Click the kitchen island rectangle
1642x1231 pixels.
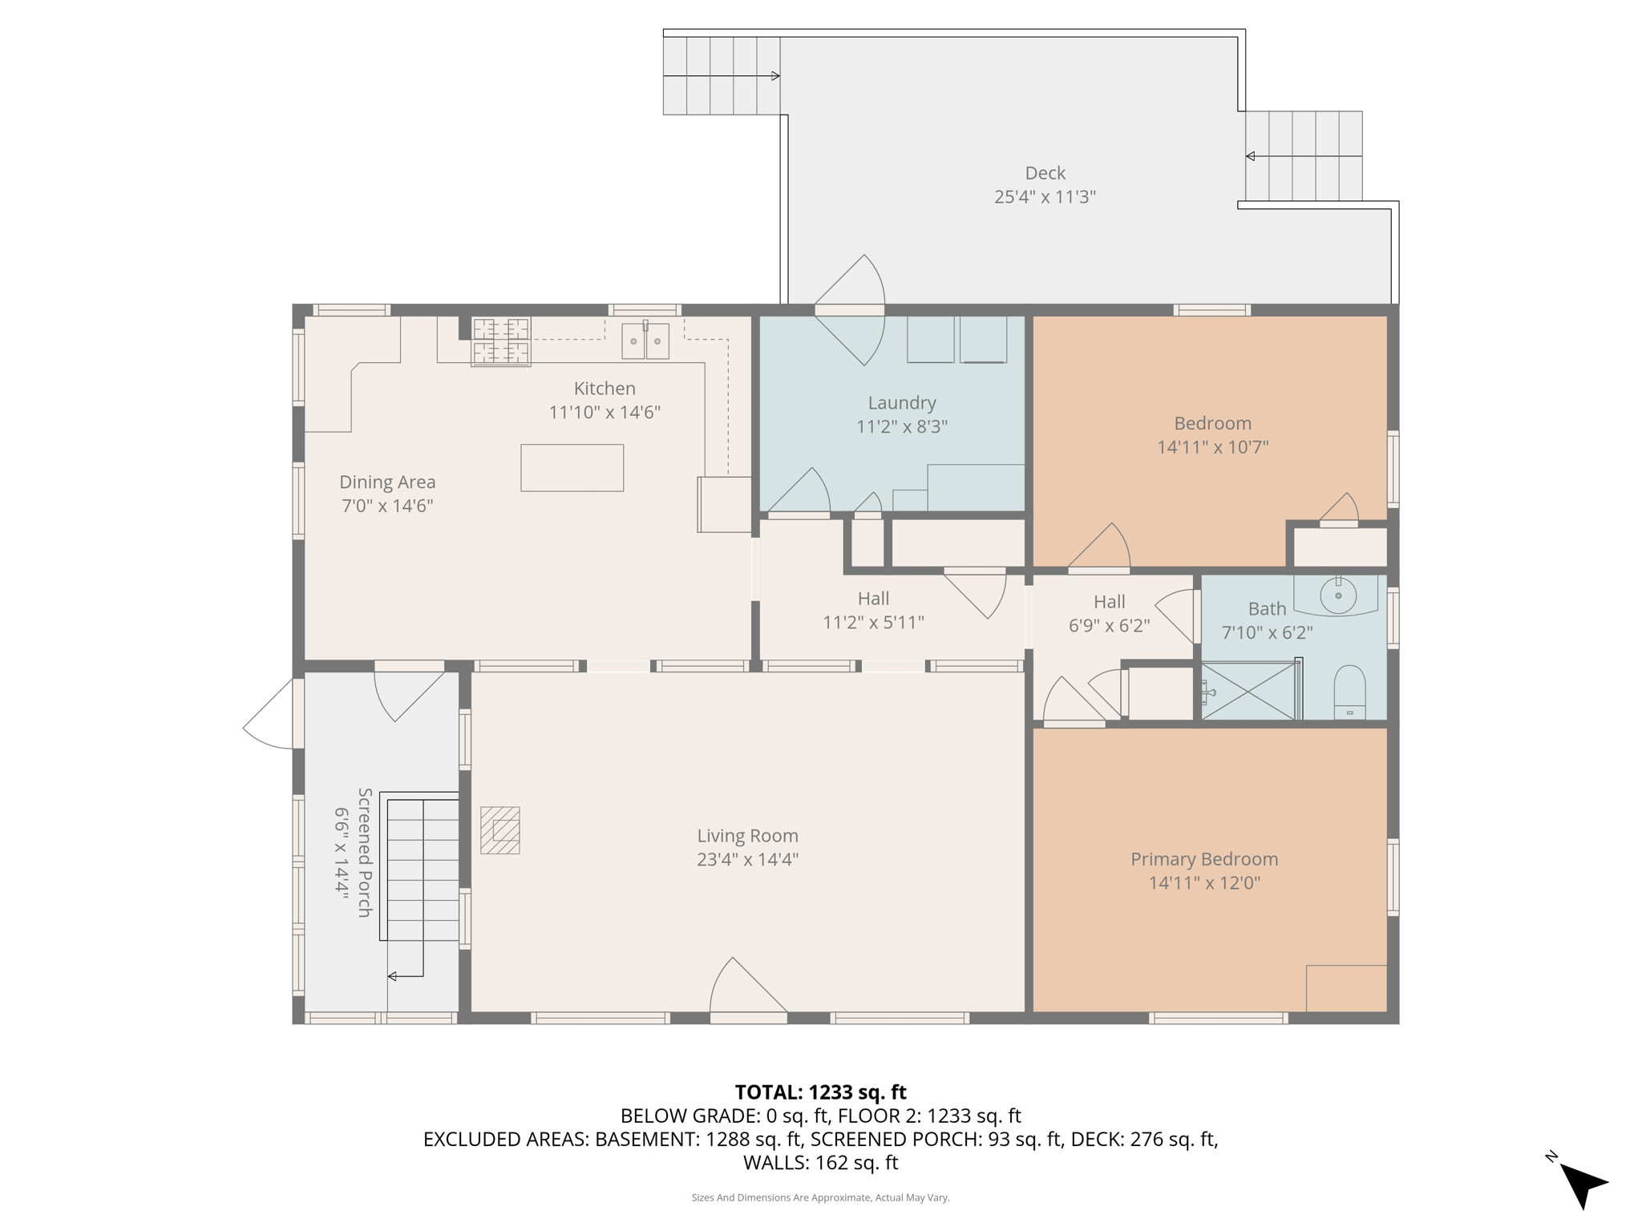pos(572,468)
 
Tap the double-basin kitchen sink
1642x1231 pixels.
pos(645,341)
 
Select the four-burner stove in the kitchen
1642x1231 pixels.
pos(501,341)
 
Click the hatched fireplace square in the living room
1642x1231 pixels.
pos(500,830)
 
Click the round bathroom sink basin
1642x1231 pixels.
pos(1338,596)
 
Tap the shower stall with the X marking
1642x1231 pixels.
pos(1250,690)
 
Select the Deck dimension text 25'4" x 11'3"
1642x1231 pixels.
pos(1045,197)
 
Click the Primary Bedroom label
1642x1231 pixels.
pos(1204,859)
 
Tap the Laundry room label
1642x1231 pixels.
pos(902,403)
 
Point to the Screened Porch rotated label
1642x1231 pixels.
pos(365,852)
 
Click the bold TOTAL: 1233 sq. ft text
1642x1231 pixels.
pos(821,1092)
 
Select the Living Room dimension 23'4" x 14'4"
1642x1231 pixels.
pos(747,860)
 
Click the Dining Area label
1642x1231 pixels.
pos(387,482)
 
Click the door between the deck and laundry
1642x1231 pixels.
pos(850,310)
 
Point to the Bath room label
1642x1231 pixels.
pos(1267,609)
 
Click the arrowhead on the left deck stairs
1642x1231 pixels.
pos(775,76)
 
